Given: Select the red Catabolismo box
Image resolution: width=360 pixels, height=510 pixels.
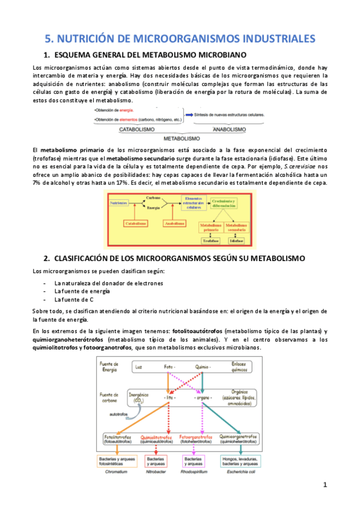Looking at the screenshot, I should click(x=135, y=223).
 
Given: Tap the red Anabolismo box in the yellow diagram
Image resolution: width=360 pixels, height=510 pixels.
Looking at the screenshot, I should click(x=175, y=223).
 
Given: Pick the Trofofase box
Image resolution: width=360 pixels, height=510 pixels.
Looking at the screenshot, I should click(x=207, y=241).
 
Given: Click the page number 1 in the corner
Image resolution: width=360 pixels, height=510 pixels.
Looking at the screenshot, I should click(x=325, y=485).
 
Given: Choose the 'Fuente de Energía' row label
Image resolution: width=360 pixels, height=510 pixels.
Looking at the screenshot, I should click(x=110, y=366).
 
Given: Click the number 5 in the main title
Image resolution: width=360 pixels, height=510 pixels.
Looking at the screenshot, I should click(x=50, y=39).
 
